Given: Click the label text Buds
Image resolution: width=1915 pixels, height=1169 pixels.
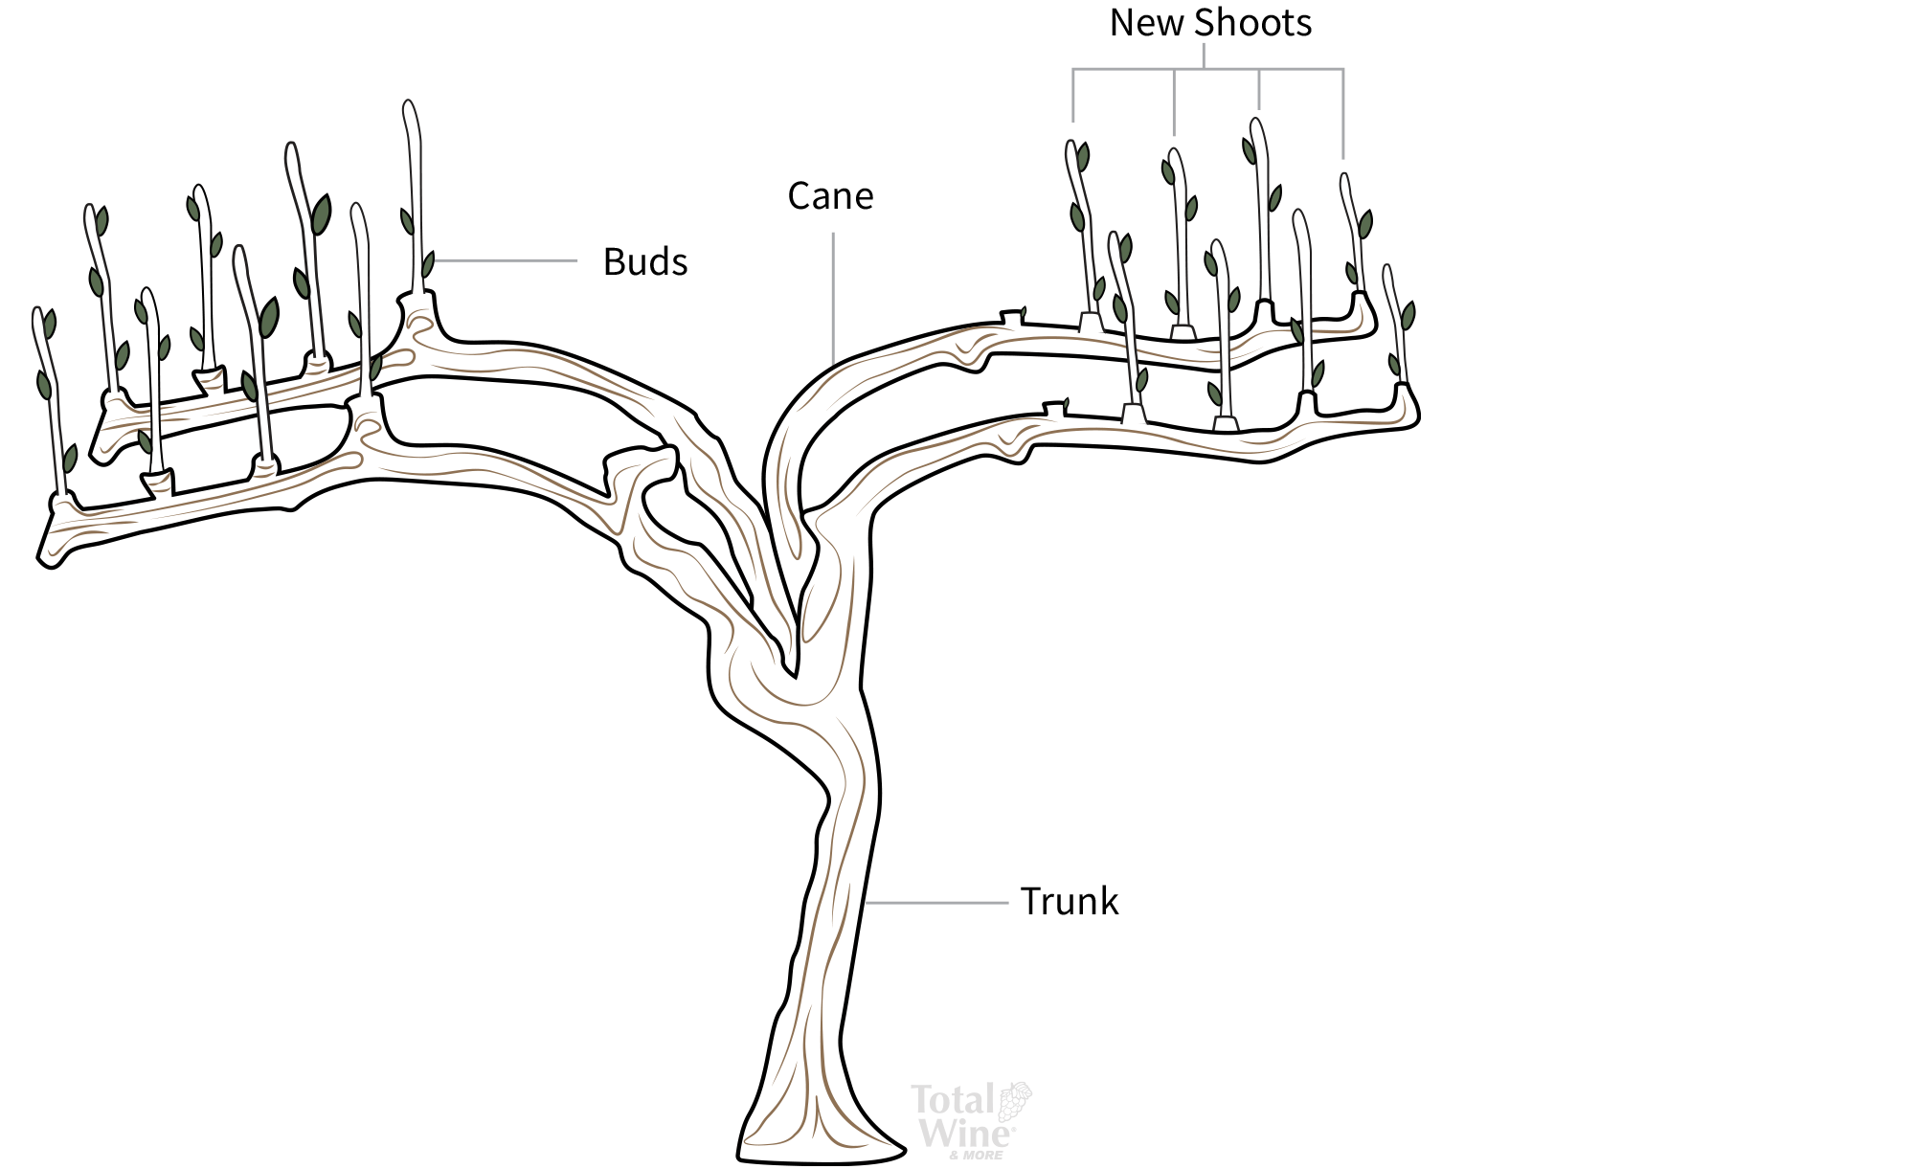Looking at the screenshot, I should pos(644,262).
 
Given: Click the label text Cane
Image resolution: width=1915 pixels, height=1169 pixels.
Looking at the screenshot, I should pos(830,196).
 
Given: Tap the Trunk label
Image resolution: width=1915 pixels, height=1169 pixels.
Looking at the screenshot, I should pos(1069,902).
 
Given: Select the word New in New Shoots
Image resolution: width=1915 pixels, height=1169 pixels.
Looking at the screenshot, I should pos(1145,23).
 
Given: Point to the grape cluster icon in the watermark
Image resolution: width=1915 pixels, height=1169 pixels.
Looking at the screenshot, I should pos(1015,1101).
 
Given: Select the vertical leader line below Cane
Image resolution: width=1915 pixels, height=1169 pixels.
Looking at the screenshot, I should pos(833,297).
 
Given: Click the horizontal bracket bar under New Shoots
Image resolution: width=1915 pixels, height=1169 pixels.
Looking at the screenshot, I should pos(1206,69).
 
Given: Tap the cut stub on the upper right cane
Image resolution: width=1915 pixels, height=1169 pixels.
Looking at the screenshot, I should pos(1012,316).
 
